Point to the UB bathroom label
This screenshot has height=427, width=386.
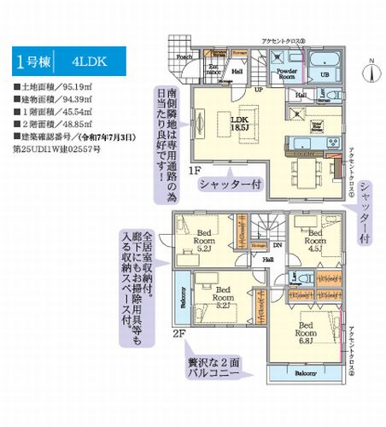[325, 75]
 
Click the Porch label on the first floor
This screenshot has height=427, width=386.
[184, 57]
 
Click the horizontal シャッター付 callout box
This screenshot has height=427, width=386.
[230, 184]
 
